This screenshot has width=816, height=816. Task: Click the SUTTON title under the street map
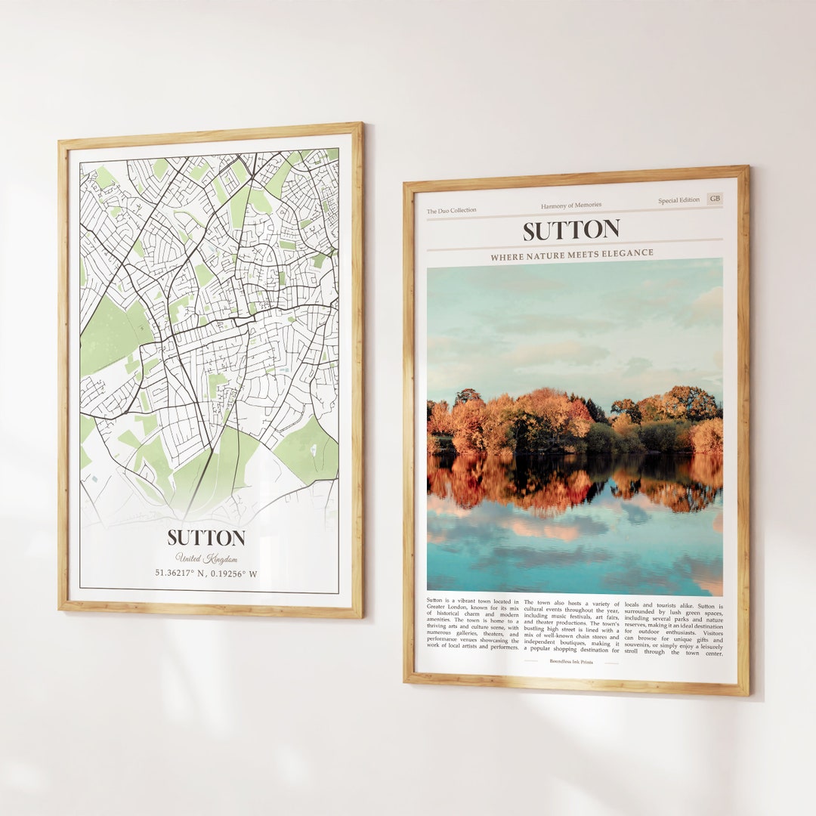(x=206, y=538)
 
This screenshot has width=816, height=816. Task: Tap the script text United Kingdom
(x=206, y=558)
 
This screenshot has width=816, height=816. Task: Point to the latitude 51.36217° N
(x=180, y=573)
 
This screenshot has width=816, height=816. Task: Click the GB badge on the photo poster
(x=714, y=199)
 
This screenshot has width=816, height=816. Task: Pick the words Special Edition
(x=678, y=201)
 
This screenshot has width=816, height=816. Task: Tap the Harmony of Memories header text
(x=571, y=206)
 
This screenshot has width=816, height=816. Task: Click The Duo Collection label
(x=452, y=211)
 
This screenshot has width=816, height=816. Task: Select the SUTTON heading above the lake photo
(x=571, y=230)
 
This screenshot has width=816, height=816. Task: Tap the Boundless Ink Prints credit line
(x=571, y=662)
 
